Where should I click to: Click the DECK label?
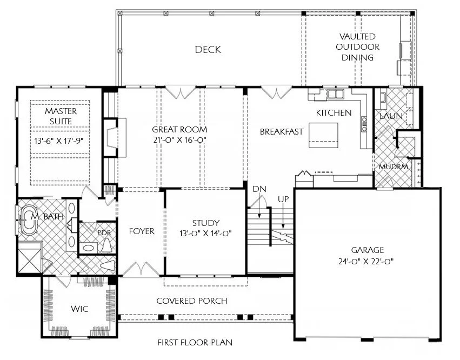point(208,50)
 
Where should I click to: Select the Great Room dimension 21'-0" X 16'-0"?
point(179,140)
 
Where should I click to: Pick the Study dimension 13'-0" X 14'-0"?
point(205,233)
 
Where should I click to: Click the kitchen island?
point(323,135)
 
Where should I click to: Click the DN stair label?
point(259,189)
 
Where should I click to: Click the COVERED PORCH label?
point(191,301)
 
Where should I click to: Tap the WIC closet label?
point(79,309)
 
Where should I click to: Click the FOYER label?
point(142,231)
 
